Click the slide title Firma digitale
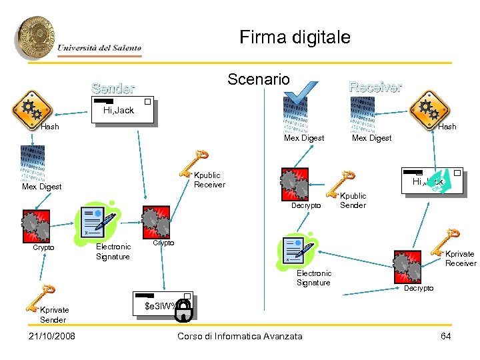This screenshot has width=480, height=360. [x=295, y=37]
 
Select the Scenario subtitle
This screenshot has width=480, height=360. [x=259, y=79]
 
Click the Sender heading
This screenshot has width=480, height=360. [x=113, y=88]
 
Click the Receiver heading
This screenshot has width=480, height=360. [x=375, y=87]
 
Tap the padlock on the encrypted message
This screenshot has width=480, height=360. [x=184, y=308]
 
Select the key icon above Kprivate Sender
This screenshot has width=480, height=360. [x=41, y=296]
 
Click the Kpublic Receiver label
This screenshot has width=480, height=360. [x=209, y=180]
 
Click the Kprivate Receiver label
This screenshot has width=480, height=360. [x=460, y=259]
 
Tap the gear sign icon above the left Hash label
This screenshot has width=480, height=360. [x=31, y=109]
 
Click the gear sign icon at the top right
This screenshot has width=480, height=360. [x=428, y=109]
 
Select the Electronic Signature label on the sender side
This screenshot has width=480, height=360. [x=113, y=251]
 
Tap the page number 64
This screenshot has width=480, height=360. [x=446, y=336]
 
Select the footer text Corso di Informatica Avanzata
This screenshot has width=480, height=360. [x=240, y=336]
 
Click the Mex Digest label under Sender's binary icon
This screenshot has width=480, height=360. [x=41, y=187]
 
